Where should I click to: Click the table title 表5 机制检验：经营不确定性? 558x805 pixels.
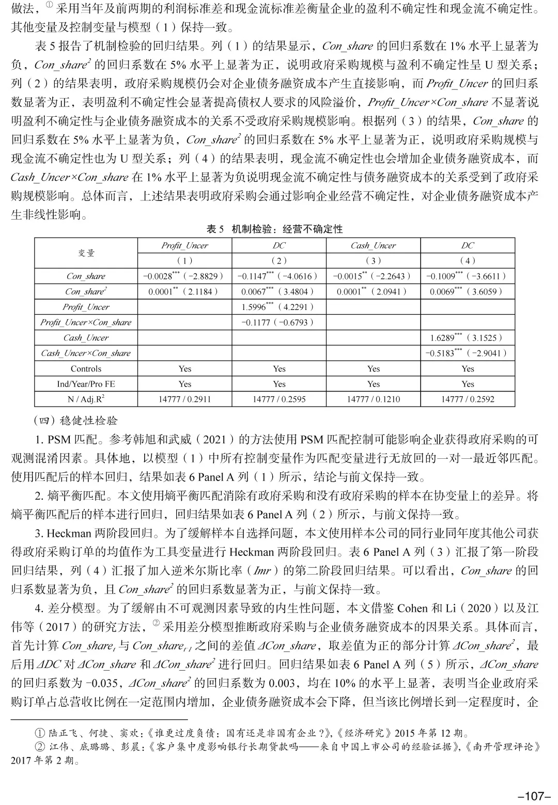tap(274, 229)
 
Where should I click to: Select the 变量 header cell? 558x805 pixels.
tap(86, 253)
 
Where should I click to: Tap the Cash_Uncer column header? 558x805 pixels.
tap(373, 245)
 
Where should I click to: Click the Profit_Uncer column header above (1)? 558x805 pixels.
tap(184, 245)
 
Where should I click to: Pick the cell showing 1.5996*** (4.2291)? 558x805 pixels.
tap(278, 307)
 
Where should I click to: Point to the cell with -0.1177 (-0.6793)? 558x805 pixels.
tap(278, 322)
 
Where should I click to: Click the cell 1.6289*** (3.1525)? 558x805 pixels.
tap(467, 338)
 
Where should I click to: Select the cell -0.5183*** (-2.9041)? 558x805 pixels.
tap(467, 353)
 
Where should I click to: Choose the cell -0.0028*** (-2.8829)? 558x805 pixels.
tap(184, 276)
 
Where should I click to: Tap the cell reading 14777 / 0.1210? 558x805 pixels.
tap(373, 399)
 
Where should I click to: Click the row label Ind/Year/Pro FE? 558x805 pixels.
tap(86, 384)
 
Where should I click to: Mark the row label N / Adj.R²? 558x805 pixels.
tap(86, 399)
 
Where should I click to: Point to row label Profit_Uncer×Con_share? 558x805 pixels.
tap(86, 322)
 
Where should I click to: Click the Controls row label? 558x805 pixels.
tap(86, 369)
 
